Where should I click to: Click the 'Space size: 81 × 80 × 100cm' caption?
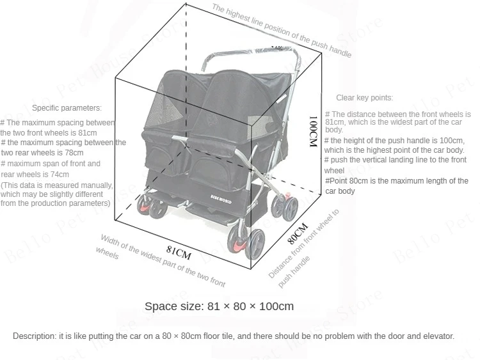219,306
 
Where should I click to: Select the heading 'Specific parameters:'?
67,108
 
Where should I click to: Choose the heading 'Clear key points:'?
365,98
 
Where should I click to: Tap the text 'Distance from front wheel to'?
304,244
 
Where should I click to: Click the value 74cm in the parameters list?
60,174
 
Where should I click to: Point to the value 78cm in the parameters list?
74,153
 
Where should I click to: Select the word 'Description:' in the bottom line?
34,336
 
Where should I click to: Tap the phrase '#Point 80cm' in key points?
346,181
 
